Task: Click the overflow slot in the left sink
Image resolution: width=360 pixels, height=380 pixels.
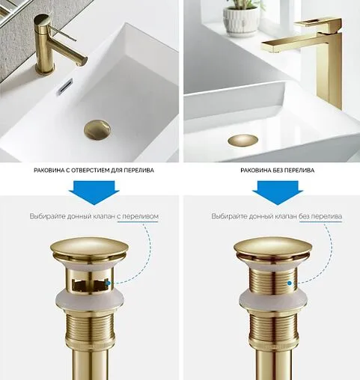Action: point(64,87)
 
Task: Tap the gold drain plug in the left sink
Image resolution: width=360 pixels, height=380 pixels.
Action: point(97,130)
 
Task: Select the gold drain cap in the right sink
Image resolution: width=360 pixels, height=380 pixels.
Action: point(242,141)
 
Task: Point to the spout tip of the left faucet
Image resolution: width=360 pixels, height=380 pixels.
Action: point(85,61)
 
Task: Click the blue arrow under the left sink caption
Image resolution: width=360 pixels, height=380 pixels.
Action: point(94,193)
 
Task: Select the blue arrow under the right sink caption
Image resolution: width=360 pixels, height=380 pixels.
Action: point(278,193)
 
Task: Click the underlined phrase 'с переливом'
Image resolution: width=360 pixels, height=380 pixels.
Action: point(138,216)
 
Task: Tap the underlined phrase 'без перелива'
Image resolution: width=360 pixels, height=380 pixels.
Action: point(320,216)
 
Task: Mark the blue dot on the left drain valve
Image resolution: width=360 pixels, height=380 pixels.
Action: point(108,284)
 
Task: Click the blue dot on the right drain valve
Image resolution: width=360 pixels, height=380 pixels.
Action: point(290,284)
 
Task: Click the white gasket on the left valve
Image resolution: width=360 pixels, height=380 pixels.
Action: point(89,301)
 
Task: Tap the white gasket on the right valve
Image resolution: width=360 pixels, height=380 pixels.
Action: point(273,301)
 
